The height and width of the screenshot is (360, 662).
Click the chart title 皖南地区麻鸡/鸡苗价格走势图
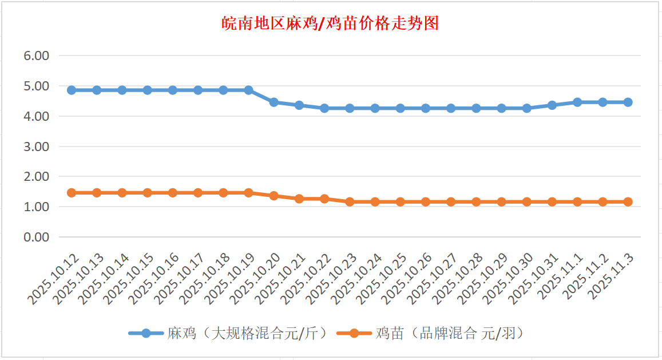tap(330, 23)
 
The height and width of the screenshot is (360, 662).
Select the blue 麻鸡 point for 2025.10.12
tap(72, 90)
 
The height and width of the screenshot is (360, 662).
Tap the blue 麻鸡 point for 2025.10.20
tap(273, 102)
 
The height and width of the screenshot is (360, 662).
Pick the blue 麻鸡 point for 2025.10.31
tap(552, 105)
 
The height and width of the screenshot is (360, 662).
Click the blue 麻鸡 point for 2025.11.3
tap(628, 102)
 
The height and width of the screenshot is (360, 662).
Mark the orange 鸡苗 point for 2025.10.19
tap(248, 193)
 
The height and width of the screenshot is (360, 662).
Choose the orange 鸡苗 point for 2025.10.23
tap(350, 201)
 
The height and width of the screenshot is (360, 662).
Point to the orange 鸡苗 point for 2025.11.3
tap(628, 201)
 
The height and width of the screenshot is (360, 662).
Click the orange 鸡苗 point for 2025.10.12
tap(72, 193)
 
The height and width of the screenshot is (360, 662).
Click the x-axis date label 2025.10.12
tap(53, 279)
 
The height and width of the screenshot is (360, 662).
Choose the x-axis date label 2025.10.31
tap(533, 279)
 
